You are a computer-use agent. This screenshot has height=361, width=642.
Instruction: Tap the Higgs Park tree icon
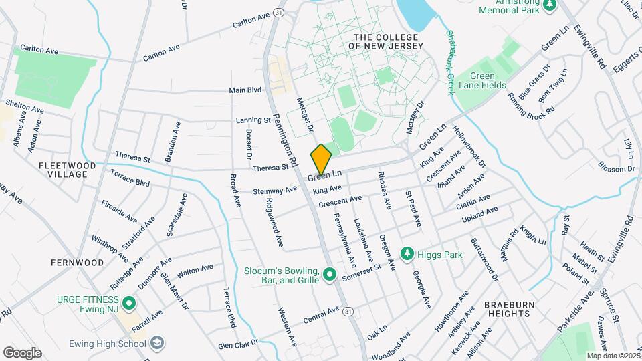[406, 253]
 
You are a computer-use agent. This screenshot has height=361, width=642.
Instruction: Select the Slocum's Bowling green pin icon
[329, 275]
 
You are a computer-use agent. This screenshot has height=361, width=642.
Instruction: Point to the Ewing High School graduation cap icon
[156, 344]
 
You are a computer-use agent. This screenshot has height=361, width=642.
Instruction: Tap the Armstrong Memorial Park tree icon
[550, 6]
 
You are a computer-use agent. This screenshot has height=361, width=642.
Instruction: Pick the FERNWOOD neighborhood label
[77, 263]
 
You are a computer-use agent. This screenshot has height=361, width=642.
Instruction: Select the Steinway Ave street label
[275, 191]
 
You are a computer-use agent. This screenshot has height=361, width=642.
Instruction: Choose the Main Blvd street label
[245, 90]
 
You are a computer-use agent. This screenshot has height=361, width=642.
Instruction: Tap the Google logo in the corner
[22, 352]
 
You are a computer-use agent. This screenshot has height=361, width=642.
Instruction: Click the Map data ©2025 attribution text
[612, 356]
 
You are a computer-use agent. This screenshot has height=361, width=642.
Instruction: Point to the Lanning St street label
[252, 121]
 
